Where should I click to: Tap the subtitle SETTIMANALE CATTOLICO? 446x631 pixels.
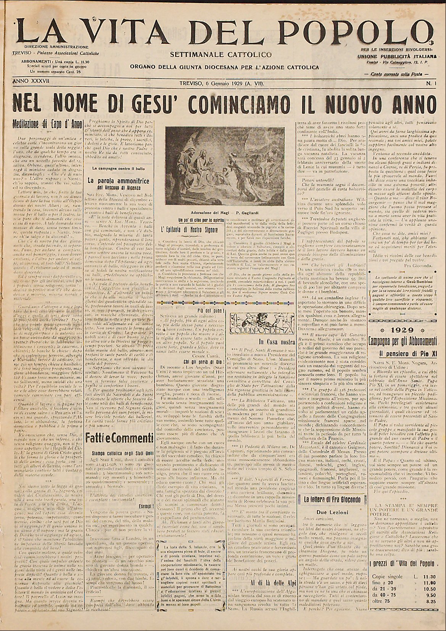(222, 55)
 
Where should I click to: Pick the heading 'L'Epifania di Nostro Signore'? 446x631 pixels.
(189, 230)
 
